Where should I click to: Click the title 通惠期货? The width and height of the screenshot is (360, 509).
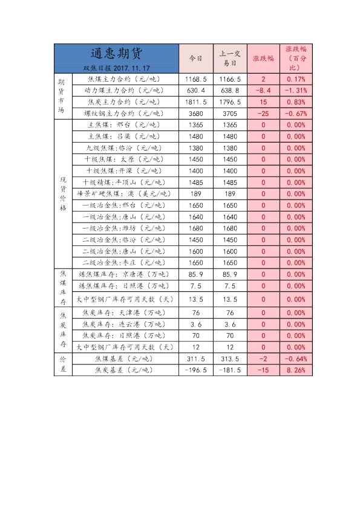tap(116, 53)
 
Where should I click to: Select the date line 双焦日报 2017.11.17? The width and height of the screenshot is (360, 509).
tap(116, 68)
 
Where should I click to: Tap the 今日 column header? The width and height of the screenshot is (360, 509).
tap(195, 59)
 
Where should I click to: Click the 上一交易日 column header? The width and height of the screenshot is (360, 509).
tap(230, 59)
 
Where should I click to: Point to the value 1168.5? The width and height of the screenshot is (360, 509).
tap(195, 79)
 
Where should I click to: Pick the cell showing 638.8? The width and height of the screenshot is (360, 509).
tap(230, 91)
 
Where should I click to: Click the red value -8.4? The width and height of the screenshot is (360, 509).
tap(263, 91)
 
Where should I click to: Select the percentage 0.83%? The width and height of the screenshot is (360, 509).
tap(296, 102)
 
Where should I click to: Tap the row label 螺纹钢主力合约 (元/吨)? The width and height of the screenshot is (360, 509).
tap(125, 114)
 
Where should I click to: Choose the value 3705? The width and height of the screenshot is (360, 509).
tap(230, 114)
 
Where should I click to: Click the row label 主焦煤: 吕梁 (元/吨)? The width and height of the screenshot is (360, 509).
tap(125, 137)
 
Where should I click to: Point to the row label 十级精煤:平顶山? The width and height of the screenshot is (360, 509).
tap(125, 183)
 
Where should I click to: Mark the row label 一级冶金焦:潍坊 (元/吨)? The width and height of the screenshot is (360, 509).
tap(125, 229)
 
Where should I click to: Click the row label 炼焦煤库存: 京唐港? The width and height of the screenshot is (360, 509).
tap(125, 274)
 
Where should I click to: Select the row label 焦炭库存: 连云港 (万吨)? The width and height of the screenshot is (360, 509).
tap(125, 325)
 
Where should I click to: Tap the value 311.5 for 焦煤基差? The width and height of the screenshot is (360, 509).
tap(195, 358)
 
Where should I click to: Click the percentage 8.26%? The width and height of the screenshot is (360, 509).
tap(296, 370)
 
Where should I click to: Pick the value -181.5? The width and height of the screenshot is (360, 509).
tap(230, 370)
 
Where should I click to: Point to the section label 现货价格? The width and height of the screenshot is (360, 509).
tap(63, 193)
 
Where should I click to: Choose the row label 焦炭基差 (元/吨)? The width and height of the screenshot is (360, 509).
tap(125, 370)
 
